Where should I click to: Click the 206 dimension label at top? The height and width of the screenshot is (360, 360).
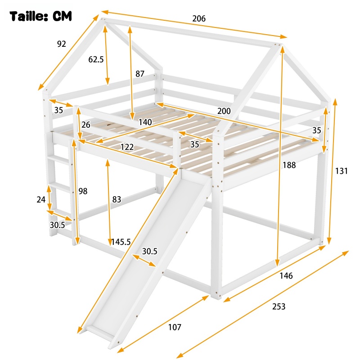click(199, 18)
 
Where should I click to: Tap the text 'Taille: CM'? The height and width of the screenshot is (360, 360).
click(40, 16)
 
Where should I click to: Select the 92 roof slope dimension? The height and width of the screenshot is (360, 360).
click(62, 44)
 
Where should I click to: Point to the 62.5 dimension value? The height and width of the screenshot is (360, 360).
click(96, 59)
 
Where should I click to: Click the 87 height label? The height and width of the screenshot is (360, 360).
click(140, 74)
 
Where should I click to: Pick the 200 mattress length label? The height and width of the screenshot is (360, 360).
click(224, 111)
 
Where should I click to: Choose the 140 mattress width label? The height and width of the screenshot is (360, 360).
click(145, 122)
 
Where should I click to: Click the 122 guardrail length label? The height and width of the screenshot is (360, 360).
click(127, 147)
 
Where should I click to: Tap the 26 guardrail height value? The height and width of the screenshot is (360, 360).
click(86, 125)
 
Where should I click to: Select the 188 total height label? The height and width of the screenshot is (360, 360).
click(289, 165)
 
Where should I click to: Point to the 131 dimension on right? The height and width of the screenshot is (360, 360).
click(342, 171)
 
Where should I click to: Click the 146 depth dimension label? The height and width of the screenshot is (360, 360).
click(286, 275)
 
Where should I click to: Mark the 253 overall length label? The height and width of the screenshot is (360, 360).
click(279, 306)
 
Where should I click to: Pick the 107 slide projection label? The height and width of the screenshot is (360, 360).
click(175, 327)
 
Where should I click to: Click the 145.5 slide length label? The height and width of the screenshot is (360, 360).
click(121, 242)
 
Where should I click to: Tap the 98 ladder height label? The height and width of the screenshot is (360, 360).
click(83, 191)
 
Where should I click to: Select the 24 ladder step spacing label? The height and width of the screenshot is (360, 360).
click(41, 199)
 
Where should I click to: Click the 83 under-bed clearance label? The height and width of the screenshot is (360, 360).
click(117, 199)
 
